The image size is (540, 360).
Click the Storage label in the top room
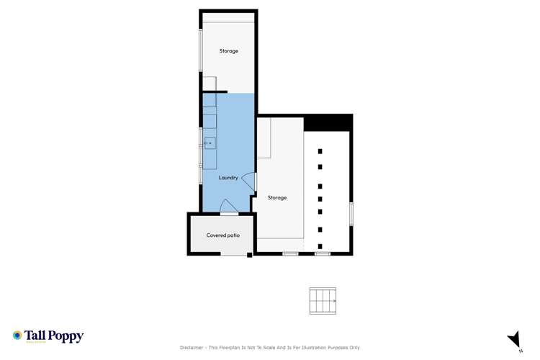pos(228,51)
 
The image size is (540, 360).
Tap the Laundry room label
pos(228,178)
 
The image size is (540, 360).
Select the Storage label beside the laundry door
pos(277,197)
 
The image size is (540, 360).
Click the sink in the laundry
pos(210,143)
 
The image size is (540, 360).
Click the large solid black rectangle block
pos(328,122)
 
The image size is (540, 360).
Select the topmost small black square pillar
pos(320,151)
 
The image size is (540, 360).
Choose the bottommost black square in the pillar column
pos(320,246)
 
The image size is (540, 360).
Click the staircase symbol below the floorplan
pos(323,300)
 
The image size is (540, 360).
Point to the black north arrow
pos(514,338)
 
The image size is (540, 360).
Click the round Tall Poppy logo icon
pos(17,336)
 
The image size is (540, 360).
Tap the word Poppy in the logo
pos(66,336)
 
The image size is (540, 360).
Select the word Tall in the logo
pos(36,336)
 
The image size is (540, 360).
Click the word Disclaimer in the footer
pos(192,348)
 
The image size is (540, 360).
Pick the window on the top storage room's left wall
pos(201,50)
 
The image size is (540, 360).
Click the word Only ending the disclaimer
pos(354,348)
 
